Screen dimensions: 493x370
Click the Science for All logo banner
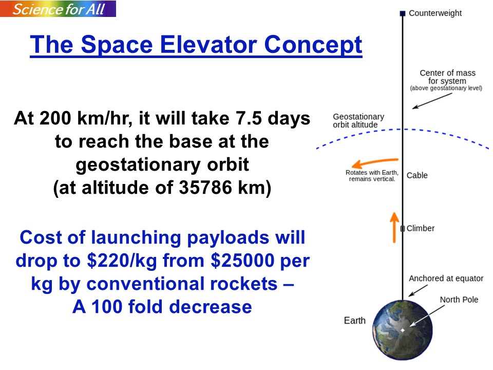pos(58,9)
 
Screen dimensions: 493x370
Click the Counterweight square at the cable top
pos(403,13)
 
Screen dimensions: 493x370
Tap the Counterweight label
pos(435,13)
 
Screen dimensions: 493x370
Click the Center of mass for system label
pos(446,80)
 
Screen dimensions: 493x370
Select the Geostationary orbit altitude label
pos(358,121)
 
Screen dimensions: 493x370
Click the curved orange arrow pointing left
pos(374,162)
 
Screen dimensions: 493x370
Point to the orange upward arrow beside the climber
pos(394,228)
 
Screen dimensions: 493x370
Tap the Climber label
pos(421,228)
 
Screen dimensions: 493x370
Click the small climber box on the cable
pos(403,228)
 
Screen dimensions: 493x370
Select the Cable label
pos(417,175)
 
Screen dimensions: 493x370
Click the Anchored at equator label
pos(446,279)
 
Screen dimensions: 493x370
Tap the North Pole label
pos(459,300)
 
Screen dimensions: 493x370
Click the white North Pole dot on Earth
pos(403,330)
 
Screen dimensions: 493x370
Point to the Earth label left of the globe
pos(355,320)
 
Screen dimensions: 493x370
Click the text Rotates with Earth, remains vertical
pos(372,176)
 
